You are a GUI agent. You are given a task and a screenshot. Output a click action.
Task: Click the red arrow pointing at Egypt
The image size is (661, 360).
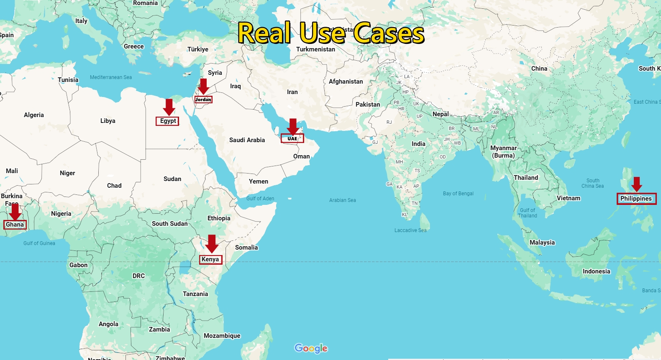pos(169,107)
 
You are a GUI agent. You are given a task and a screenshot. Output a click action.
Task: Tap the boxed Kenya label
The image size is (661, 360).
pos(210,259)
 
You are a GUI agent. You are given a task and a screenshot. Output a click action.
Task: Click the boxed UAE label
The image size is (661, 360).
pos(292,138)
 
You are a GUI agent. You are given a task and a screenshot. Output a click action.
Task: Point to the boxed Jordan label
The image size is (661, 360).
pos(203,100)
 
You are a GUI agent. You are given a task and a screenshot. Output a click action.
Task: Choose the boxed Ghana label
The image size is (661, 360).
pos(15,225)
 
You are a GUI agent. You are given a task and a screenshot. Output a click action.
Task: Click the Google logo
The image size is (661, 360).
pos(311,348)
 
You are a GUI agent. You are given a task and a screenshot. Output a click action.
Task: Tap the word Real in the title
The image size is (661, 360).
pos(264,33)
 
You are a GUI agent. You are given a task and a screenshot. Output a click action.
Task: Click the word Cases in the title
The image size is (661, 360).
pos(389,33)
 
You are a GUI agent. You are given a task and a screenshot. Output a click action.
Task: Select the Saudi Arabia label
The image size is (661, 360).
pos(247,140)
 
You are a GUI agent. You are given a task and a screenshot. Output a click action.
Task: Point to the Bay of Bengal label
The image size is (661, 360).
pos(458,194)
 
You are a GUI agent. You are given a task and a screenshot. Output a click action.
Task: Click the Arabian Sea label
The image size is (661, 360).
pos(342,200)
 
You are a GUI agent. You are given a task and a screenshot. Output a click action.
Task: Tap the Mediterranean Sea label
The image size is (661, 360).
pos(111,77)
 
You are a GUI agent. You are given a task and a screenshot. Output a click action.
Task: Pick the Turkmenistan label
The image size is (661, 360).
pos(315,49)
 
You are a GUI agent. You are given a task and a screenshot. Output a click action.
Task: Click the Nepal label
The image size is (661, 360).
pos(441,114)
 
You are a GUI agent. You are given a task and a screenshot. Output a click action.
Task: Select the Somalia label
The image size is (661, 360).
pos(246,248)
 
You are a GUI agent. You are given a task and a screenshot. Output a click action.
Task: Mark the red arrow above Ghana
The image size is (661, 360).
pos(15,212)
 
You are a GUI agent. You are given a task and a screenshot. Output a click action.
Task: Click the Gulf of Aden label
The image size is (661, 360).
pos(260,199)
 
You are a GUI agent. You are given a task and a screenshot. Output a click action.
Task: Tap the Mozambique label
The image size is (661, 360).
pos(222,336)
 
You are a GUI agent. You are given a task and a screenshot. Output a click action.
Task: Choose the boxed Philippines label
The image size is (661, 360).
pos(636,199)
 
